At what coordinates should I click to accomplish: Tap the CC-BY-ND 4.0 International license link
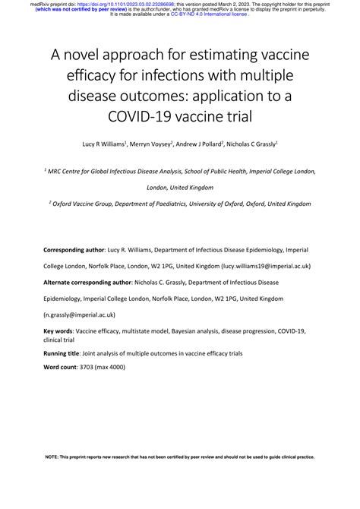coord(209,14)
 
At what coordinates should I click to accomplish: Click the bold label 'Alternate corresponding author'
coord(87,282)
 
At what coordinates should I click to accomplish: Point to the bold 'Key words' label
coord(58,331)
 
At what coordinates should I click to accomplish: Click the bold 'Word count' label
coord(60,368)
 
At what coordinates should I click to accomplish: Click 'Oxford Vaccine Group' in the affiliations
coord(83,204)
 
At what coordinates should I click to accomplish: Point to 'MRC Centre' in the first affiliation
coord(69,172)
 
